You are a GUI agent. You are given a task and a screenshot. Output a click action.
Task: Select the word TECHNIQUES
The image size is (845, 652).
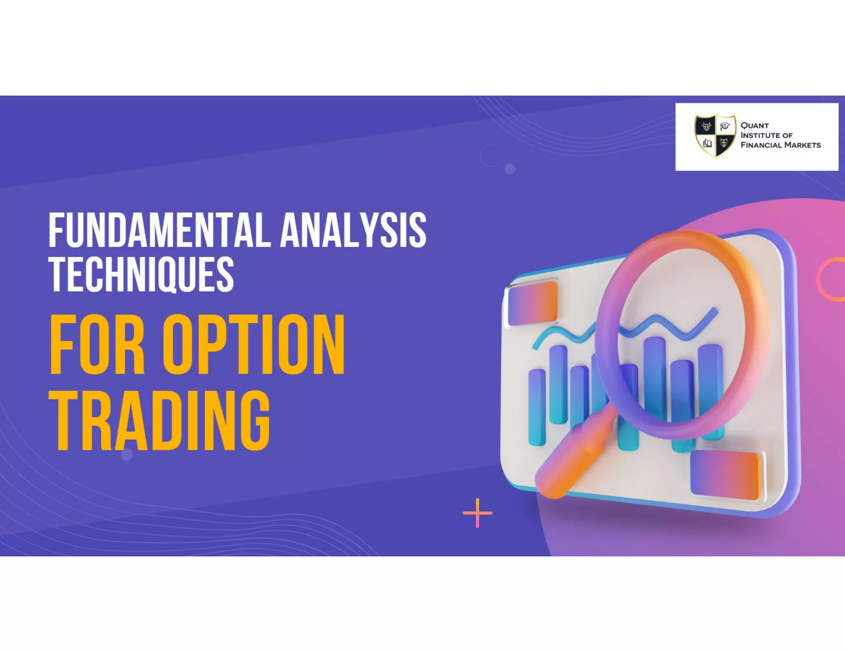(141, 274)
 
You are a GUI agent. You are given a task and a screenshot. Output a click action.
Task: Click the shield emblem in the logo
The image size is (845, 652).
(715, 136)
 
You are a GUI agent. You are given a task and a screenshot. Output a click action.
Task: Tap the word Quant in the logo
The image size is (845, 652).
(755, 125)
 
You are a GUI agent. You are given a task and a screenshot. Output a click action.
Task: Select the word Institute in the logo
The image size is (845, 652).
(759, 135)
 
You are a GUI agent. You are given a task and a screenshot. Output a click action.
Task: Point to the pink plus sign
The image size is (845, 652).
(477, 513)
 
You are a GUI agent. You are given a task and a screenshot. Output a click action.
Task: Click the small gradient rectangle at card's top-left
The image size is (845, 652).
(533, 303)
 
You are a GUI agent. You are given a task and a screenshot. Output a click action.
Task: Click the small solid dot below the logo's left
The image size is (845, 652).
(510, 169)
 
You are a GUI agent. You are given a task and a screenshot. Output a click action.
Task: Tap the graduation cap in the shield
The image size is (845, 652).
(725, 126)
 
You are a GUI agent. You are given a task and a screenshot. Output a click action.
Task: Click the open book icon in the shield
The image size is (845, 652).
(707, 143)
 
